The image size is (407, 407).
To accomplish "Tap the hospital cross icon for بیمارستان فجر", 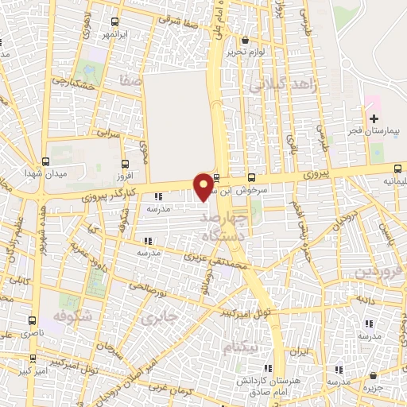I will [x=374, y=118].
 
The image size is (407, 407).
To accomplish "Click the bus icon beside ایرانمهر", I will [x=116, y=22].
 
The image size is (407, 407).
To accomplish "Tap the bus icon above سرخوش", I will [x=252, y=177].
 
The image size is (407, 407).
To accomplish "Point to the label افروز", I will [x=124, y=175].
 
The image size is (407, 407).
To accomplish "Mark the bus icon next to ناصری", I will [x=33, y=322].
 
